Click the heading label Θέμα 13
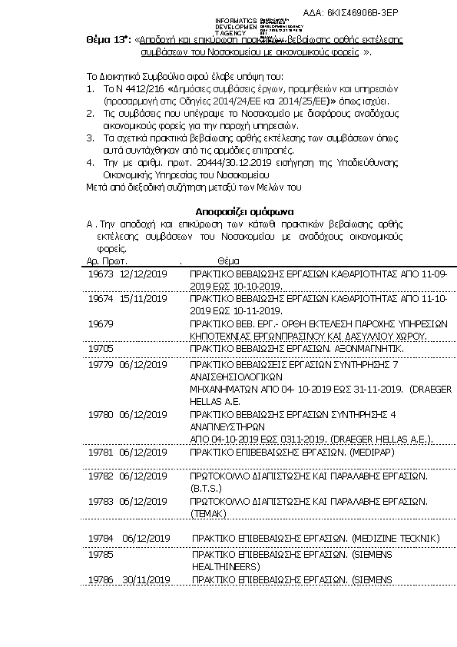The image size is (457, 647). click(x=108, y=41)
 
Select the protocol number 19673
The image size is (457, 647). click(x=101, y=274)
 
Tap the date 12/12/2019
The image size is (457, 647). click(x=144, y=274)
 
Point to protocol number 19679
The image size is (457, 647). click(x=101, y=323)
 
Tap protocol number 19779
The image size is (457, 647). click(x=101, y=365)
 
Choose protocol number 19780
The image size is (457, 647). click(x=101, y=414)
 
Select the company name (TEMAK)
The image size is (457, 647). click(x=208, y=513)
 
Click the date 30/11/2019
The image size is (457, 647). click(x=145, y=579)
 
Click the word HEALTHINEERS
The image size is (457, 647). click(x=226, y=566)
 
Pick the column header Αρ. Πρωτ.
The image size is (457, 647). click(x=106, y=261)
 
